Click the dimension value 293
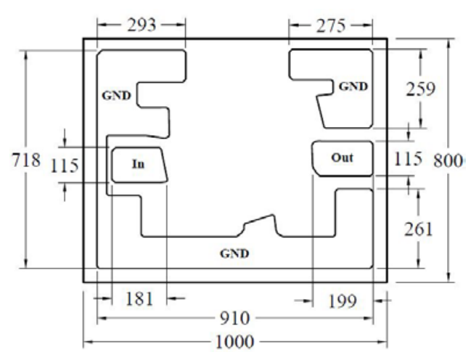142,25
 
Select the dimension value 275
331,26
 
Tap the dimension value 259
420,89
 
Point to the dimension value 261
419,229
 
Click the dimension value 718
26,160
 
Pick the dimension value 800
448,161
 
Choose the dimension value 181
139,299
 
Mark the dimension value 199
343,300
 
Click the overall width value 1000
234,342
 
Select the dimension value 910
234,318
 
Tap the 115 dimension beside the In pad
65,165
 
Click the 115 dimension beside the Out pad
408,159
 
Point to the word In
138,164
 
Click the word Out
342,157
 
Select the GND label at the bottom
234,253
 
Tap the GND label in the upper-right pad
353,86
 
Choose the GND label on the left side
117,96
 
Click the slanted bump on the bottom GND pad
260,218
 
